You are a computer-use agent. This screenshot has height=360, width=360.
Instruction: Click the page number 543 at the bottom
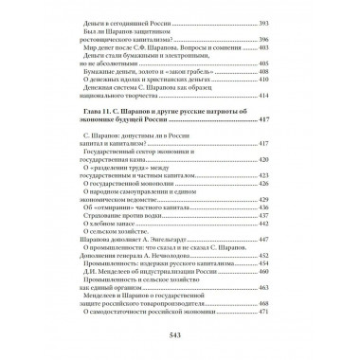180,333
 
